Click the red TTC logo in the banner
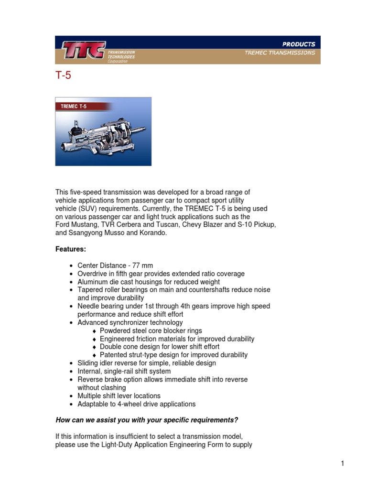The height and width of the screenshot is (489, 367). (x=83, y=50)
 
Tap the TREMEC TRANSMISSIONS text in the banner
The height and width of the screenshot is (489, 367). (x=280, y=53)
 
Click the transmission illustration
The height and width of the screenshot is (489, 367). (x=103, y=137)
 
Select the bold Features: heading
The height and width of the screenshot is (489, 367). (x=71, y=249)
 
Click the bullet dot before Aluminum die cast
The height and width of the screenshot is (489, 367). (x=71, y=282)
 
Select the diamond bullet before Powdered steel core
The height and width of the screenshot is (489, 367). (x=95, y=331)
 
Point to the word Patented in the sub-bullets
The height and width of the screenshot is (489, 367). (x=113, y=355)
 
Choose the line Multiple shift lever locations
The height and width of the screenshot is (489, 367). (x=119, y=396)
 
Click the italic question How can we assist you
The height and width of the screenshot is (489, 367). (x=147, y=420)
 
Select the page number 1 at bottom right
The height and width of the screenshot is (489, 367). (x=342, y=463)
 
